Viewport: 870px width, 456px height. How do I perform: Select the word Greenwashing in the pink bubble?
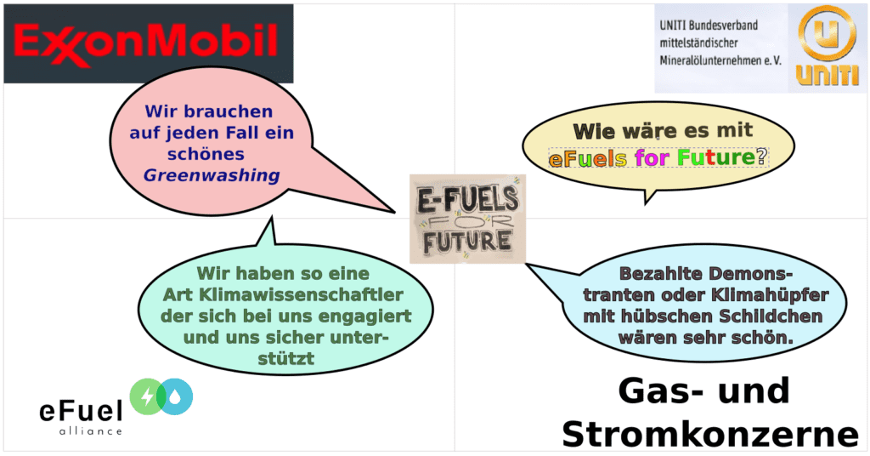[x=211, y=176]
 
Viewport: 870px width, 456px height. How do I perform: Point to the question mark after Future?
[x=761, y=157]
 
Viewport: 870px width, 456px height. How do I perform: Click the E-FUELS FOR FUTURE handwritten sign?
[x=467, y=218]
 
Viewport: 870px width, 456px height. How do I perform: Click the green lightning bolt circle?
[x=149, y=396]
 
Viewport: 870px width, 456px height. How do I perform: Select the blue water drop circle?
[x=178, y=396]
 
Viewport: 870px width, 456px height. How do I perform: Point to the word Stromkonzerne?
[x=710, y=434]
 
